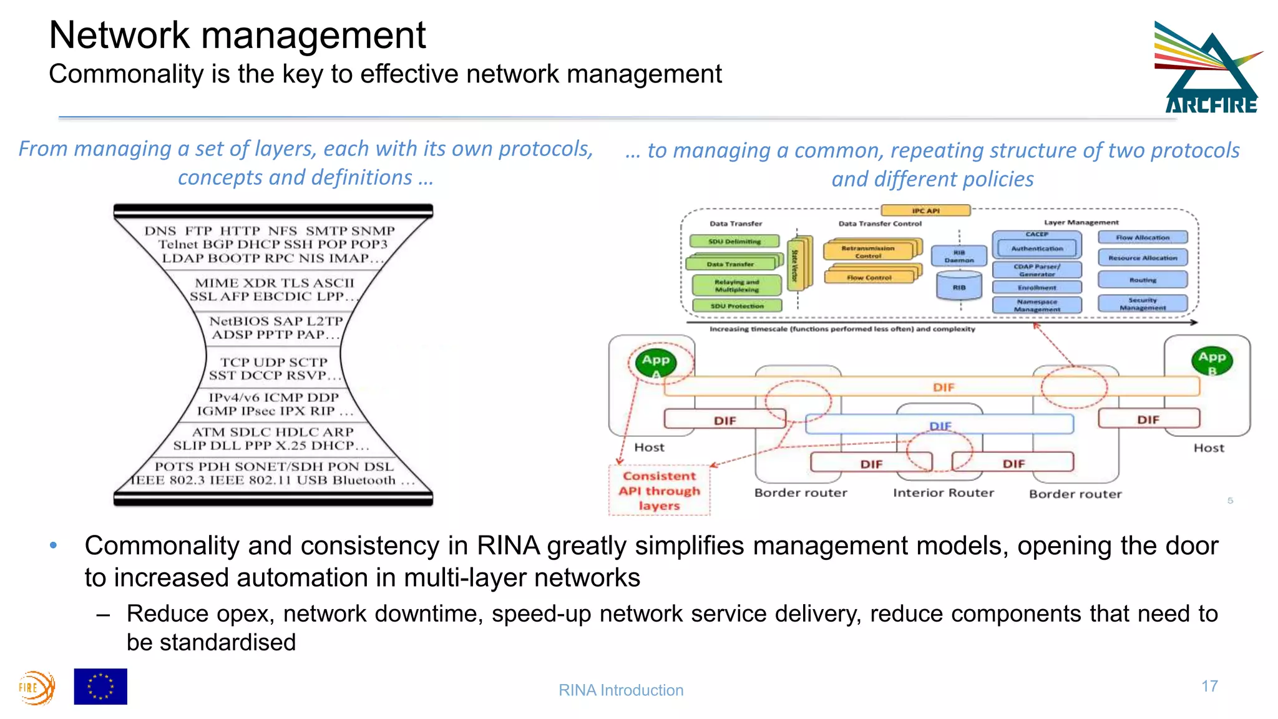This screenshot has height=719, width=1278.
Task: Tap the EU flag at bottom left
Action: [100, 687]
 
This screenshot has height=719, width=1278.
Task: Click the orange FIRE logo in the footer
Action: [36, 688]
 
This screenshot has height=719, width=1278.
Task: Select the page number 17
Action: [1209, 686]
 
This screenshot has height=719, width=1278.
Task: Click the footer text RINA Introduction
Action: [621, 690]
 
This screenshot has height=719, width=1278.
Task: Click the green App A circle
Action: [656, 363]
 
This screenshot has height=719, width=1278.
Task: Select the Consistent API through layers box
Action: [660, 491]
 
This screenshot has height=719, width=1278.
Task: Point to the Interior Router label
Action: [943, 492]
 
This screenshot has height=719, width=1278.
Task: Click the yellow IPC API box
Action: [925, 211]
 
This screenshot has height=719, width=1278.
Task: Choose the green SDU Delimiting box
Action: [734, 242]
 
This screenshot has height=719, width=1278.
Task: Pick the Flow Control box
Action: [869, 277]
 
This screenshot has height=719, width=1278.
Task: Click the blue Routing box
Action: [1142, 280]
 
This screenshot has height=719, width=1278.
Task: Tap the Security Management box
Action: [1142, 304]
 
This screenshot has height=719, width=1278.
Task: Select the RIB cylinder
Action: [959, 287]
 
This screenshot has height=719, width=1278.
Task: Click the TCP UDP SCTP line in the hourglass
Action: [274, 362]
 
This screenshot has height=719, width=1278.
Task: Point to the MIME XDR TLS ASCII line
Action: [274, 283]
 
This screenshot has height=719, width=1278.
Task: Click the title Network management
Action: [237, 35]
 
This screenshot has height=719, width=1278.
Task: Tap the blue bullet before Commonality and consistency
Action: [54, 545]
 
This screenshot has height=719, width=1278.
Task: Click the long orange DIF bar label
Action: [943, 387]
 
